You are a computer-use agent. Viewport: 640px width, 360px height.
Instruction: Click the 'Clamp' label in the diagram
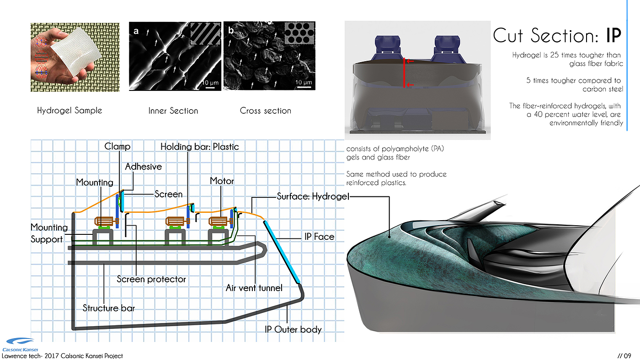117,147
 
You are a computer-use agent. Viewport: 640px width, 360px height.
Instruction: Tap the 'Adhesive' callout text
144,167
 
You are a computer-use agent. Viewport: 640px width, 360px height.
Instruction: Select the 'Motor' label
222,181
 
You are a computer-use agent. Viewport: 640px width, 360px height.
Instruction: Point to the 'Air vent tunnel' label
254,288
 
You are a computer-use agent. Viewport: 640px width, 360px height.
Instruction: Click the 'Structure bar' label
109,308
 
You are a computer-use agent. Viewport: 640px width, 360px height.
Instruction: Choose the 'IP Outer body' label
293,329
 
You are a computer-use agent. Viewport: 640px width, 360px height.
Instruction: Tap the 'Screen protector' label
151,279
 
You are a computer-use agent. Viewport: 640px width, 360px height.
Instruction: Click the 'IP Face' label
319,237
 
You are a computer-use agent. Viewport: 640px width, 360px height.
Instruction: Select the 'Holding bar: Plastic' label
199,147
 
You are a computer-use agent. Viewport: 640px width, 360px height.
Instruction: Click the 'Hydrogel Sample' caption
69,111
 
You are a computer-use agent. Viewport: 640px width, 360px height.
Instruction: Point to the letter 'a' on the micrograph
136,32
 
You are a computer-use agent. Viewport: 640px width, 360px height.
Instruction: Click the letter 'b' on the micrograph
230,32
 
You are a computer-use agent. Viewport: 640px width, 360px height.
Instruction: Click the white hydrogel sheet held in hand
75,54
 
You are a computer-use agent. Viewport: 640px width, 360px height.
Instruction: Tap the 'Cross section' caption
265,111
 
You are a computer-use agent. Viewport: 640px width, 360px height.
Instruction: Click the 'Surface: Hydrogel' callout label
313,197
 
